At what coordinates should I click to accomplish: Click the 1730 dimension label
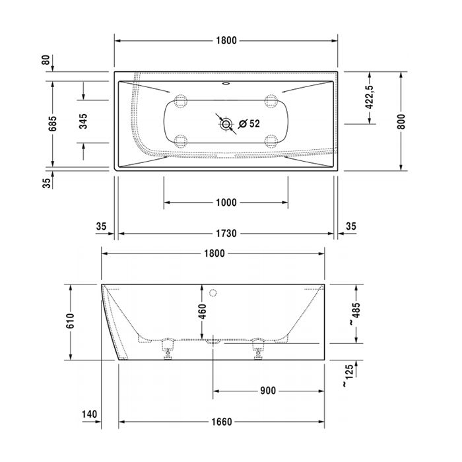[226, 234]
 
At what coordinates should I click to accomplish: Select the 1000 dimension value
[226, 203]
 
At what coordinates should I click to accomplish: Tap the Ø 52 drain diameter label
[249, 123]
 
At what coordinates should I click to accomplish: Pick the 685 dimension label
[53, 123]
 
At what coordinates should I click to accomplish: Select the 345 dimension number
[83, 121]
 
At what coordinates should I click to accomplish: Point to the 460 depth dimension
[202, 310]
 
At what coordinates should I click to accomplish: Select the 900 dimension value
[267, 391]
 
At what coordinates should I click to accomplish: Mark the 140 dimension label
[90, 414]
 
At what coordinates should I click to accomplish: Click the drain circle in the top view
[226, 123]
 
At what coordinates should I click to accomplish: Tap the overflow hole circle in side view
[213, 292]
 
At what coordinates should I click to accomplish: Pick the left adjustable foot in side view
[168, 348]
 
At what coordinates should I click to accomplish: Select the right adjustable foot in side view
[257, 348]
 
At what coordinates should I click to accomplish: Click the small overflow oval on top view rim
[227, 84]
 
